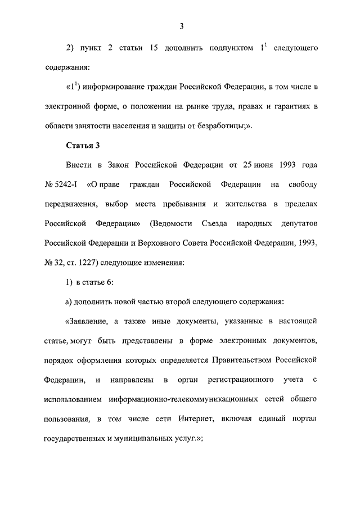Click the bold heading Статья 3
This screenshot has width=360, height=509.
pyautogui.click(x=83, y=146)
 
